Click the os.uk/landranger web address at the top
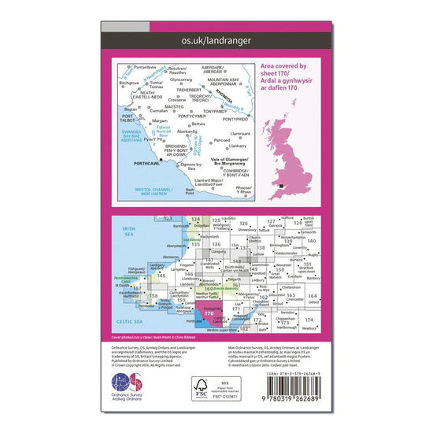(x=216, y=50)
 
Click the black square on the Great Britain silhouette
(x=282, y=186)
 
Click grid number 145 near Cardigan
(x=161, y=276)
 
